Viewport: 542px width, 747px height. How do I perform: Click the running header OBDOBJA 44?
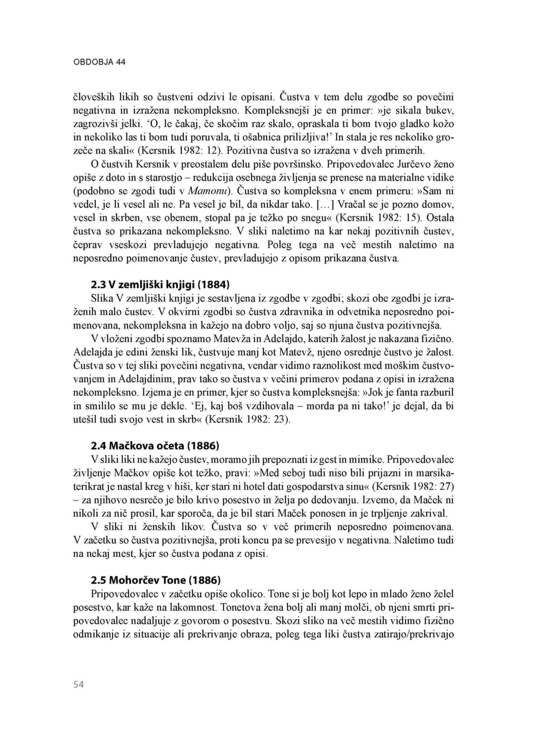99,62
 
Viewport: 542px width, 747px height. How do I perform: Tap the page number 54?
78,685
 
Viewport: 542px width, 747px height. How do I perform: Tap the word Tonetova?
245,607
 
